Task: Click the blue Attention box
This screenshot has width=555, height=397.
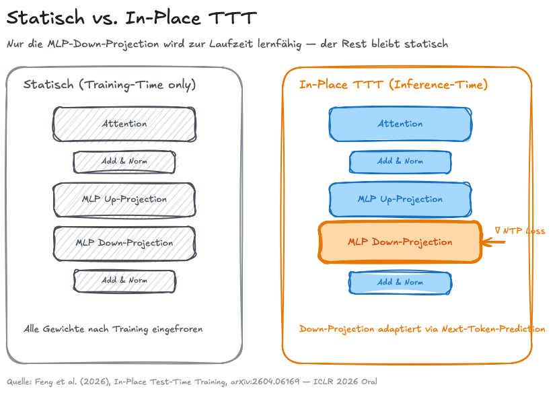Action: [x=400, y=124]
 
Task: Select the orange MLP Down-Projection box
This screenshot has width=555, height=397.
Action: [x=400, y=242]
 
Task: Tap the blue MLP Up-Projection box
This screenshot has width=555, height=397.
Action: [x=400, y=200]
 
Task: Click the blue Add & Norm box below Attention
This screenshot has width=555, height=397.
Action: [x=400, y=162]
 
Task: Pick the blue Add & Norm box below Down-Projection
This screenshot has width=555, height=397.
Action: [x=400, y=282]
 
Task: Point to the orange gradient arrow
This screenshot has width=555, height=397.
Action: [x=494, y=242]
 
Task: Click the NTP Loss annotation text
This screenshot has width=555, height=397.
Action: [x=519, y=231]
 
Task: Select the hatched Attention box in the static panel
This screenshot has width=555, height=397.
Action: [x=124, y=124]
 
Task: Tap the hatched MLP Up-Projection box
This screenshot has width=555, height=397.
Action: [x=124, y=200]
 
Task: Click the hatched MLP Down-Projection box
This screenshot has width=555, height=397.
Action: [x=124, y=242]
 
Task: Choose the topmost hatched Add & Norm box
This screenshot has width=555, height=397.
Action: [x=124, y=162]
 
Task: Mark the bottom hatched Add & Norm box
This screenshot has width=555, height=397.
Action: [x=124, y=281]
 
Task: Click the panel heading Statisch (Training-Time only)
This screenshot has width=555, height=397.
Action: [x=110, y=85]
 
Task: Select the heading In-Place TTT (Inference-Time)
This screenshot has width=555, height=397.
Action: [x=393, y=85]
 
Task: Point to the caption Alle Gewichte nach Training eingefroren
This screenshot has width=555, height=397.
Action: [x=113, y=330]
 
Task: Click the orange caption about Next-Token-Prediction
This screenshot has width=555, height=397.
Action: [x=422, y=330]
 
